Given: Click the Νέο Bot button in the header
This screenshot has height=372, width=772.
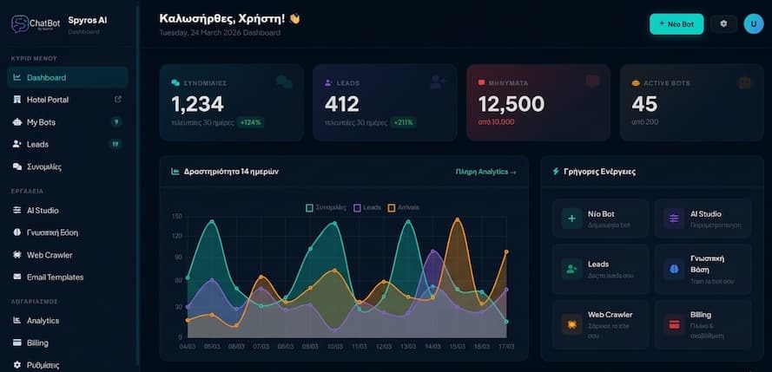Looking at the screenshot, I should point(676,24).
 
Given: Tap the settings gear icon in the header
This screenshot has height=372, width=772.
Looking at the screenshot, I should point(723,24).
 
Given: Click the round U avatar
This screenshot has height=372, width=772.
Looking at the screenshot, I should point(754,24).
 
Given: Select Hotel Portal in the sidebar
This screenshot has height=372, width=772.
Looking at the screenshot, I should point(48,100).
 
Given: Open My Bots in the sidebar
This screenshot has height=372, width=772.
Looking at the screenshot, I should point(41,122).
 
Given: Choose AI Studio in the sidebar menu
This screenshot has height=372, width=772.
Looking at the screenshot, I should point(43,211).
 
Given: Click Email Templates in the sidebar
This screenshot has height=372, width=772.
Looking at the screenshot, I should point(55,277).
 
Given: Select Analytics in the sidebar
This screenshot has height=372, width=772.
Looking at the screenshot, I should point(43,321).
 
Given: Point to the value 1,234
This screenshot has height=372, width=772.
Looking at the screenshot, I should point(197,105).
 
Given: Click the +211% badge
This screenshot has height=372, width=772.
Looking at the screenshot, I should point(403,122).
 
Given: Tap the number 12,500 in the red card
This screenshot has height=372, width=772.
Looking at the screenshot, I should point(511,105).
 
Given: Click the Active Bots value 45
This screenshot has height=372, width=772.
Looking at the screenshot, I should point(644,105).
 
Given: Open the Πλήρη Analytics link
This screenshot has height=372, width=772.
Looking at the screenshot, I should point(485,172).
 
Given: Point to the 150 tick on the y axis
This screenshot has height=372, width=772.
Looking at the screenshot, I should point(176,216).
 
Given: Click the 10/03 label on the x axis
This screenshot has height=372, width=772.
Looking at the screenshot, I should point(334,346).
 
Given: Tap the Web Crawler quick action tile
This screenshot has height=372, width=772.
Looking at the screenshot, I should point(600,319).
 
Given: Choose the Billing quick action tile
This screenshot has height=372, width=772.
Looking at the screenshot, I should point(703,319).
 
